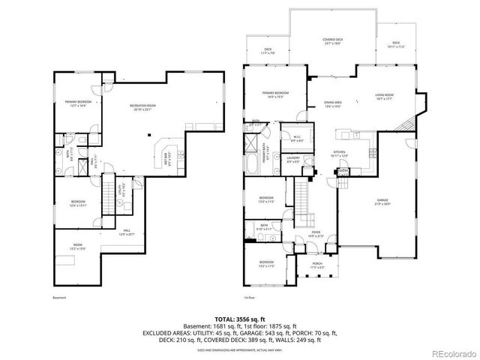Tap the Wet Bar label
pos(166,158)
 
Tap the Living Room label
pos(384,97)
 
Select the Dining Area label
pos(333,103)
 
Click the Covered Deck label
pos(334,41)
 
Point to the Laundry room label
pos(292,159)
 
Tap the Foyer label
pos(316,234)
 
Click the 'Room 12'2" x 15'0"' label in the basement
pos(77,246)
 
